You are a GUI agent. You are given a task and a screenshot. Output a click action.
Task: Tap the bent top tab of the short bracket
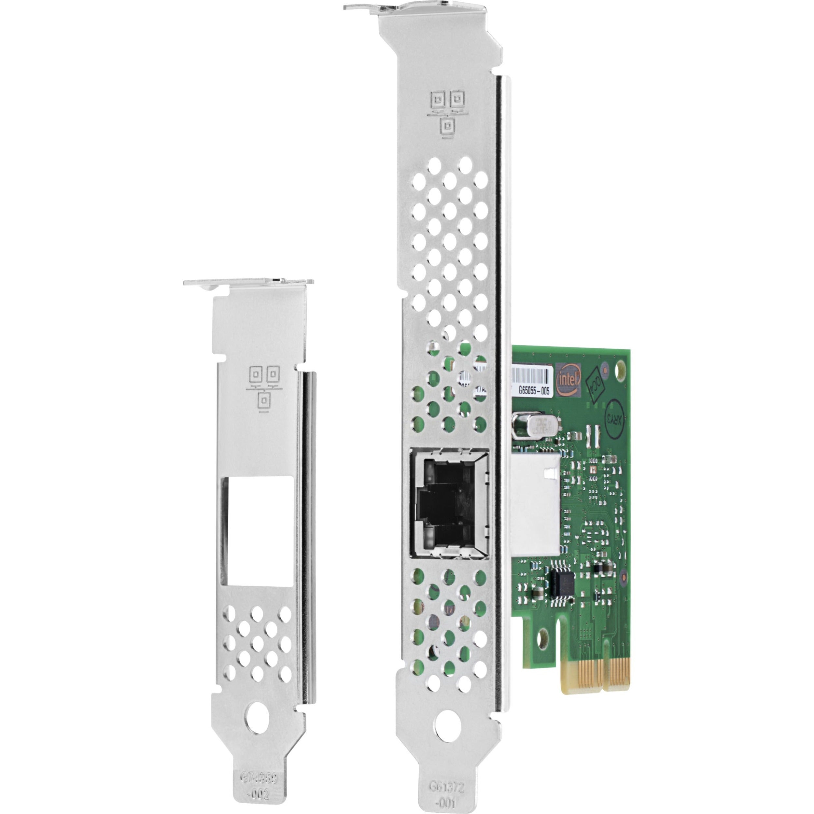tap(248, 282)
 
